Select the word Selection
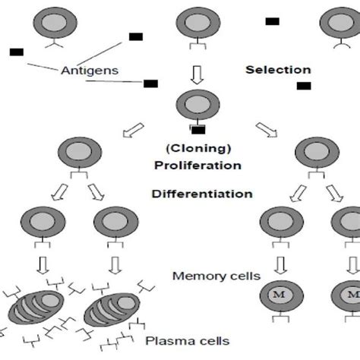tap(278, 70)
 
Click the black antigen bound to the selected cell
tap(197, 131)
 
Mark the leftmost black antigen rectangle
tap(17, 52)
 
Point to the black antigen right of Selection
tap(304, 86)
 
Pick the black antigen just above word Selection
tap(272, 21)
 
